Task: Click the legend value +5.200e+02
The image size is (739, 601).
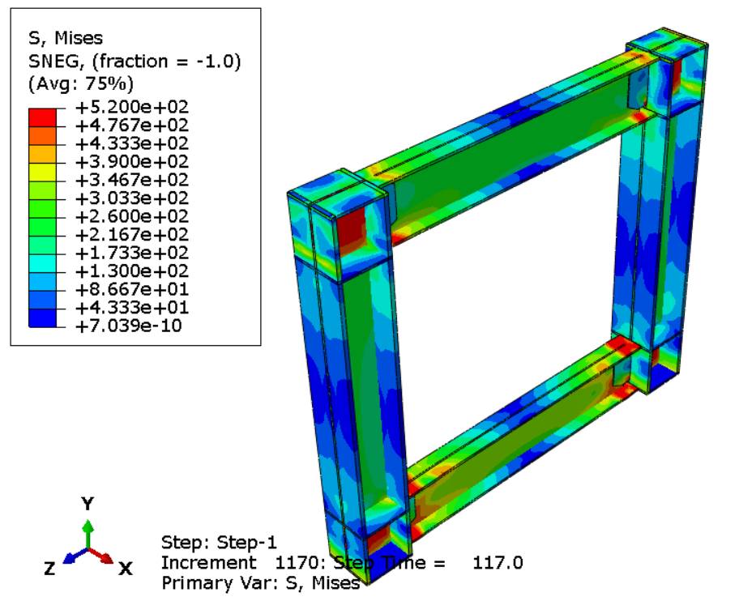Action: pyautogui.click(x=132, y=107)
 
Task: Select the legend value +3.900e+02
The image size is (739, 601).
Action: pyautogui.click(x=132, y=161)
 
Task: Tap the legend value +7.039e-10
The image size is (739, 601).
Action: pyautogui.click(x=129, y=326)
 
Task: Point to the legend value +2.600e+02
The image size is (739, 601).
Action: pyautogui.click(x=132, y=216)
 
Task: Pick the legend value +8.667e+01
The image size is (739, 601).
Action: pyautogui.click(x=132, y=289)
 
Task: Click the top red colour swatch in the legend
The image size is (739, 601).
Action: pyautogui.click(x=42, y=117)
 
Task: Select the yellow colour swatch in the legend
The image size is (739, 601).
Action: pyautogui.click(x=42, y=173)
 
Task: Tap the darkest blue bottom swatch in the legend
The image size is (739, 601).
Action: pyautogui.click(x=42, y=318)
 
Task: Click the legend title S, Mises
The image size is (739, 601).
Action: pyautogui.click(x=66, y=38)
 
